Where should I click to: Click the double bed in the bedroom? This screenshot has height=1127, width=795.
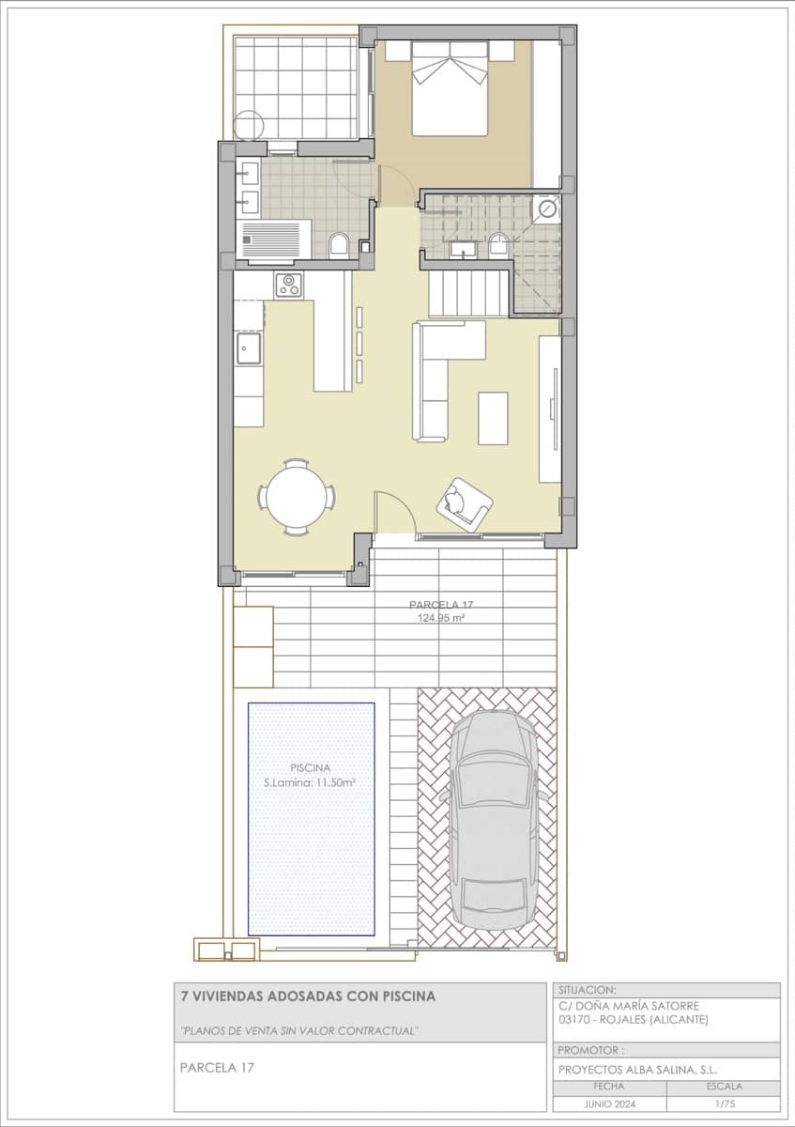[x=450, y=89]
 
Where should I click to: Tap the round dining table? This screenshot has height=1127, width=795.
[x=298, y=498]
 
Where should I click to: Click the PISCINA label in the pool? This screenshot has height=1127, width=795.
[x=311, y=767]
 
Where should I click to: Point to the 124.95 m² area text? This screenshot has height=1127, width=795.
[x=441, y=619]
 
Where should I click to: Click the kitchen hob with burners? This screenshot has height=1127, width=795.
[x=288, y=285]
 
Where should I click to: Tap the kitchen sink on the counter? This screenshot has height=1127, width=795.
[x=249, y=349]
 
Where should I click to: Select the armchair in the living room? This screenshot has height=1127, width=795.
[x=464, y=504]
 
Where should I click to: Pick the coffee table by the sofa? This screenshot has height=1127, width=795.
[x=493, y=418]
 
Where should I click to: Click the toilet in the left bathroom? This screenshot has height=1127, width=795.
[x=340, y=247]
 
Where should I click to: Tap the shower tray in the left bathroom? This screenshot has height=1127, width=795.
[x=276, y=238]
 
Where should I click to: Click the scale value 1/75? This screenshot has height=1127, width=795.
[x=723, y=1104]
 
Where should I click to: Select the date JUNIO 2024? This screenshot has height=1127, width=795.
[x=610, y=1104]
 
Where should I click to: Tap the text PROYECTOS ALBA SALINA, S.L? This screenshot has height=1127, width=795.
[x=637, y=1070]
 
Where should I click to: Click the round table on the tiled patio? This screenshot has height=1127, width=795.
[x=250, y=125]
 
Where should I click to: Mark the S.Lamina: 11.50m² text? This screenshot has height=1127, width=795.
[x=311, y=782]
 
